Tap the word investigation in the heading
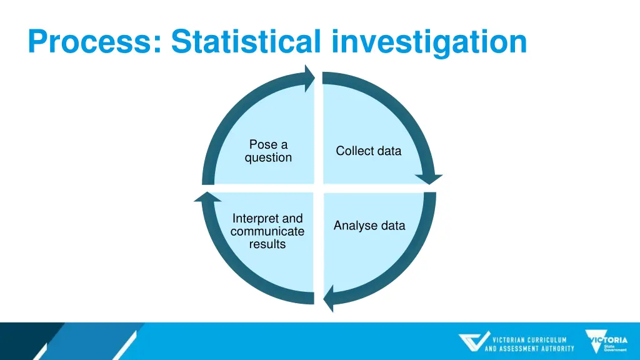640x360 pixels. pyautogui.click(x=429, y=42)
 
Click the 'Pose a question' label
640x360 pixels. pyautogui.click(x=268, y=151)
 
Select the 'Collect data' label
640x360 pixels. pyautogui.click(x=368, y=151)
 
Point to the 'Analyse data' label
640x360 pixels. pyautogui.click(x=369, y=226)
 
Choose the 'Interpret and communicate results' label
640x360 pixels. pyautogui.click(x=267, y=231)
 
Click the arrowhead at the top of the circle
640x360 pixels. pyautogui.click(x=309, y=79)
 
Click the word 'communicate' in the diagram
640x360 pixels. pyautogui.click(x=267, y=231)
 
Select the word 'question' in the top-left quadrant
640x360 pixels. pyautogui.click(x=268, y=158)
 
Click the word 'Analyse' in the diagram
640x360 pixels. pyautogui.click(x=353, y=226)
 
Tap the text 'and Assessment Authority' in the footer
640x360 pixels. pyautogui.click(x=529, y=348)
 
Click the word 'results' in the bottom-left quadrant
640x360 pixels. pyautogui.click(x=267, y=244)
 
